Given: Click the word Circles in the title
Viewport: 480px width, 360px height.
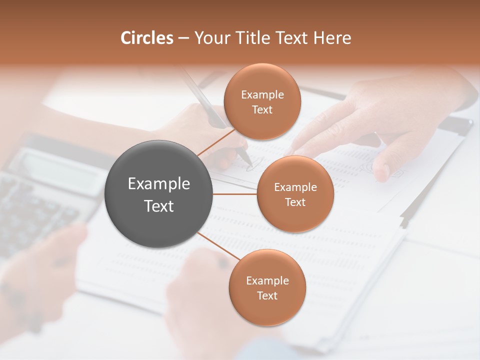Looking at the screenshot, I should (x=146, y=38).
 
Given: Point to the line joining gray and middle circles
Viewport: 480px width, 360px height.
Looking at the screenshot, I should (x=235, y=194).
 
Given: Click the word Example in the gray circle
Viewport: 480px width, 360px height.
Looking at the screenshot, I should (x=159, y=184).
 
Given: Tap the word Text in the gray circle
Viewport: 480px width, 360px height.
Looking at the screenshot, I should (x=159, y=206).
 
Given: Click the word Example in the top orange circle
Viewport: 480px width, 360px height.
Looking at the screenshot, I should (x=262, y=95).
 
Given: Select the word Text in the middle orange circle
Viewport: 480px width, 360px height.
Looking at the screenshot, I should (x=295, y=202).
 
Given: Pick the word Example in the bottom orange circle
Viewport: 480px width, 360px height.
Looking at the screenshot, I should (x=267, y=281).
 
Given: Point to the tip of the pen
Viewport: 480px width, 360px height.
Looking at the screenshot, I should (x=249, y=162).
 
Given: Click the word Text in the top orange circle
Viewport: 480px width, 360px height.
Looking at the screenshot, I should (x=262, y=110).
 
